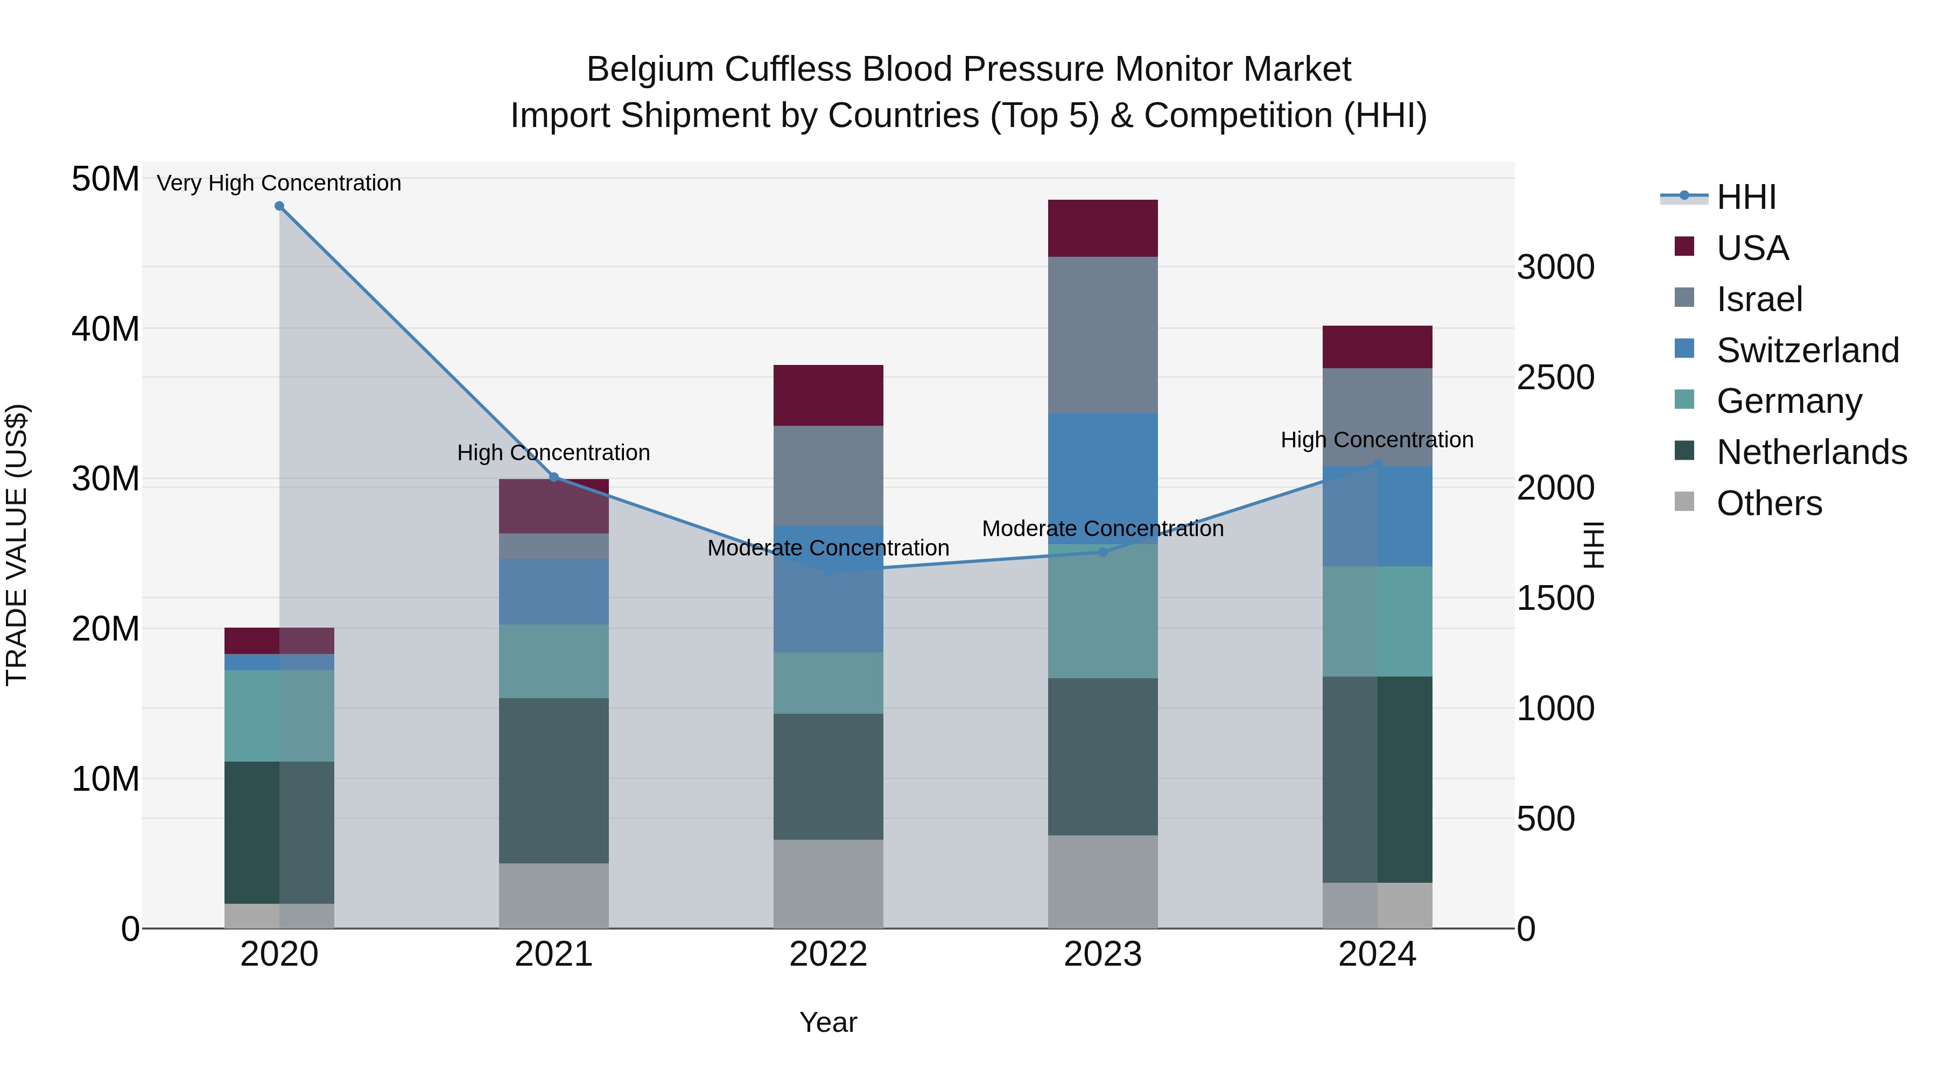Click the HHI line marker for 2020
pyautogui.click(x=279, y=206)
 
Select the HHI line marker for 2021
pyautogui.click(x=554, y=477)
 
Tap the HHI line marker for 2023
pyautogui.click(x=1103, y=552)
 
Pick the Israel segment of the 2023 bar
pyautogui.click(x=1103, y=335)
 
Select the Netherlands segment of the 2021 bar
pyautogui.click(x=554, y=781)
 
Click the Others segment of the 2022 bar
pyautogui.click(x=828, y=884)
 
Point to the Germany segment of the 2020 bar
pyautogui.click(x=279, y=715)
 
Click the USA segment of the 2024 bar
pyautogui.click(x=1378, y=347)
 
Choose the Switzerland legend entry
pyautogui.click(x=1807, y=350)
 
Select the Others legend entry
pyautogui.click(x=1769, y=503)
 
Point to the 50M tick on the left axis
pyautogui.click(x=106, y=180)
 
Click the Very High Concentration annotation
pyautogui.click(x=279, y=184)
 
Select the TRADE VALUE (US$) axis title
pyautogui.click(x=17, y=545)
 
